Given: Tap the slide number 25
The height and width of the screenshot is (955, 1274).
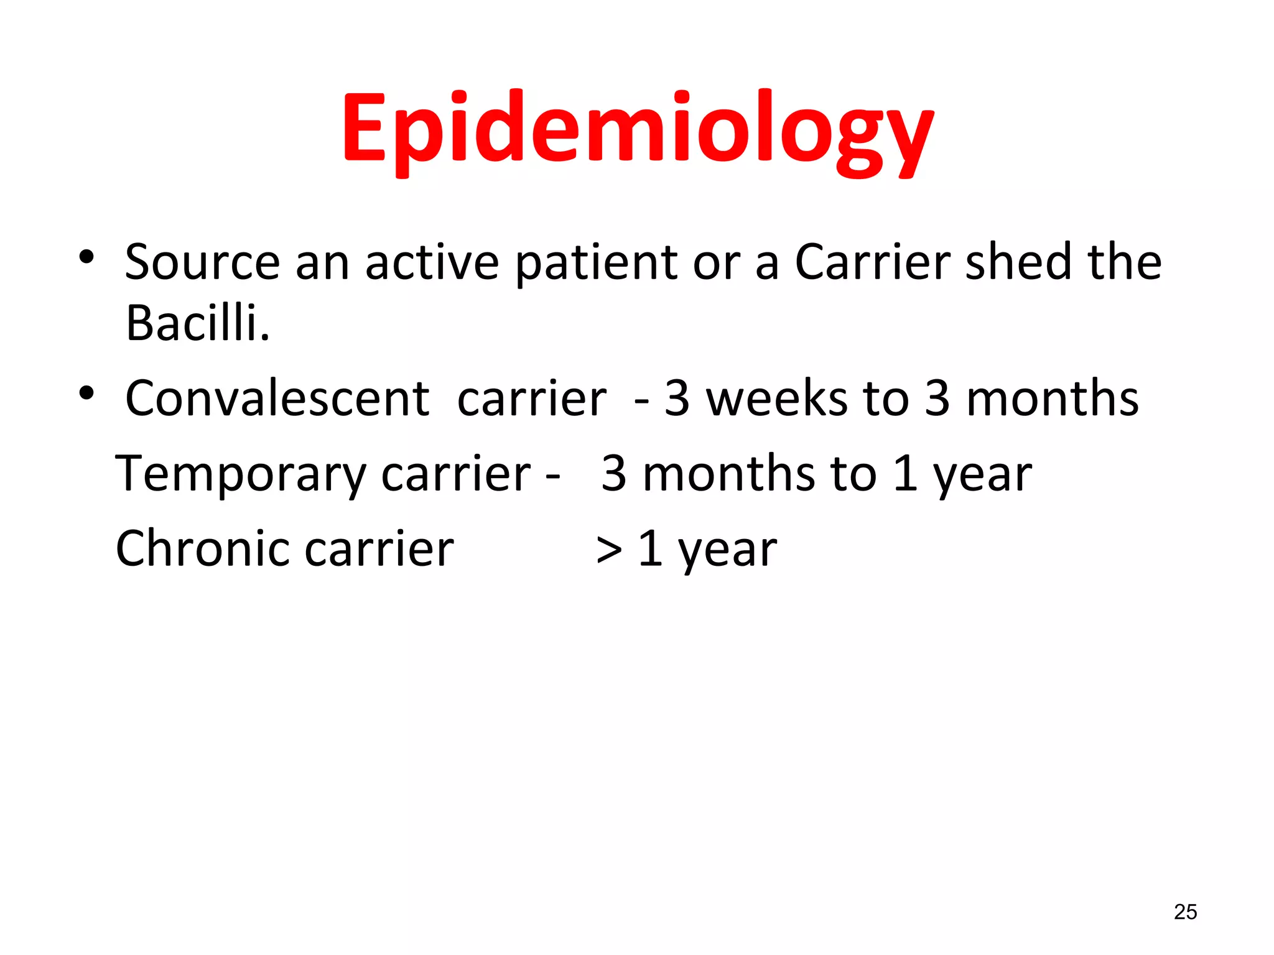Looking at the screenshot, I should [x=1185, y=912].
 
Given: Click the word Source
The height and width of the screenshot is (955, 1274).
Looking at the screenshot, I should [x=202, y=262].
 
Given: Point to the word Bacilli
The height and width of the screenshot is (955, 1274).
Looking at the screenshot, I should [x=197, y=323].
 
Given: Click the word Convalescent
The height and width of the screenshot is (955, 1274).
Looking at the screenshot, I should [x=277, y=399].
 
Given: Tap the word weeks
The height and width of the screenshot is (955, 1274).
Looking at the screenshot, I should [x=776, y=399].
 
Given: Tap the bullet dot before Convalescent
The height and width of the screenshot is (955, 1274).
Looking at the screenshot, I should [x=86, y=393].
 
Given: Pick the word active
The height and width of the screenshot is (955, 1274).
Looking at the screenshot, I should [x=432, y=262].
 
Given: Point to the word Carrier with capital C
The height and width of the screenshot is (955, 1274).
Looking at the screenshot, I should [x=872, y=262].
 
